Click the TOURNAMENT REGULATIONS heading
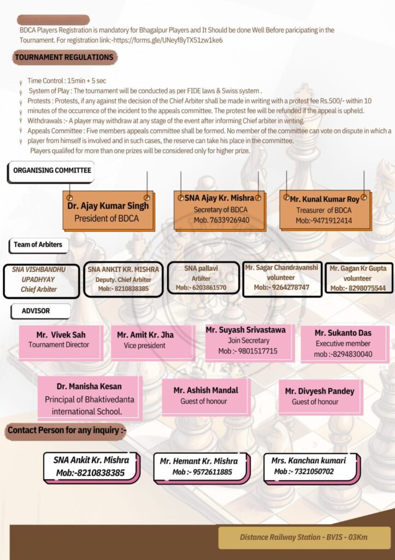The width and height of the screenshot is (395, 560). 64,57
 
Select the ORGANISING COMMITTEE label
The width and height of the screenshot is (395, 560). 52,171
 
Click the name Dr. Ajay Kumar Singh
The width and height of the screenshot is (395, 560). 108,207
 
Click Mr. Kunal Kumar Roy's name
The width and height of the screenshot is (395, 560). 325,199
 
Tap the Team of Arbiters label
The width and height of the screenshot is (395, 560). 38,244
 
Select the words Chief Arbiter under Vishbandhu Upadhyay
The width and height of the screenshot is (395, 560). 39,289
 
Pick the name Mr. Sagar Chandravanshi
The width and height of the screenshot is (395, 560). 281,268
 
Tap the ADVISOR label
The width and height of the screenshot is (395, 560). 36,311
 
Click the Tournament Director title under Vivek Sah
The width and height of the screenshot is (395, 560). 59,345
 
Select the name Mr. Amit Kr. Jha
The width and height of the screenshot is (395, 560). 145,335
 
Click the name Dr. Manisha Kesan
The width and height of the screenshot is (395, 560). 89,387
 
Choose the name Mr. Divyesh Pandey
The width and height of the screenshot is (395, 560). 320,392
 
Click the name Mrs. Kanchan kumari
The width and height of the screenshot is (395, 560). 310,461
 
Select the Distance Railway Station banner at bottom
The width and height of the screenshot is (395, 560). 304,538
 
